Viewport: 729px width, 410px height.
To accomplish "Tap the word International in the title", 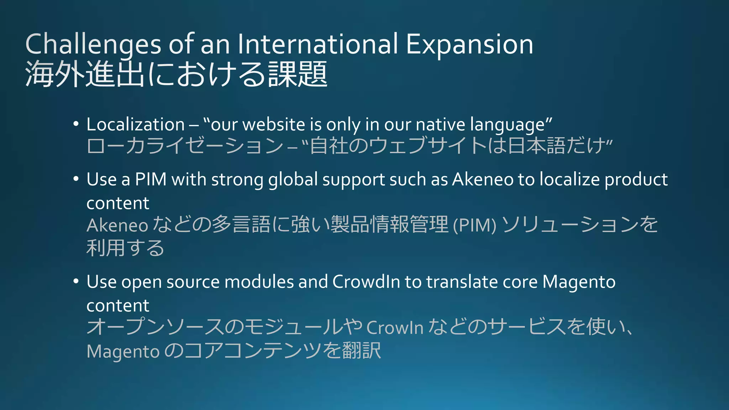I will [318, 44].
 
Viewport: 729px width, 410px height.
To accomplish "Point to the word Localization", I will [136, 125].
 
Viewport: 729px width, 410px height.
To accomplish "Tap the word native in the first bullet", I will [440, 125].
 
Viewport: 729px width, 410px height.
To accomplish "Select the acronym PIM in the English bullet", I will [151, 179].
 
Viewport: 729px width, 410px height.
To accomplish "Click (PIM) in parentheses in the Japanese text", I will [474, 225].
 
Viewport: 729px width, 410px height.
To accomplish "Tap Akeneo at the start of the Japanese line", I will [117, 225].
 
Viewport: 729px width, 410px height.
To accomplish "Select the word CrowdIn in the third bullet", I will [366, 282].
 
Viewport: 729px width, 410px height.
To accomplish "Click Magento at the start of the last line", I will [123, 352].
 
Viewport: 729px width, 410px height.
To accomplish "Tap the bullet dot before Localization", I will [76, 124].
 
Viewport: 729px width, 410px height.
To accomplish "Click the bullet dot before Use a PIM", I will [76, 179].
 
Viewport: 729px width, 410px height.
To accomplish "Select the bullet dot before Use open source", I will [76, 282].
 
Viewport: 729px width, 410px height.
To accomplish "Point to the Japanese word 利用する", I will [125, 248].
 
